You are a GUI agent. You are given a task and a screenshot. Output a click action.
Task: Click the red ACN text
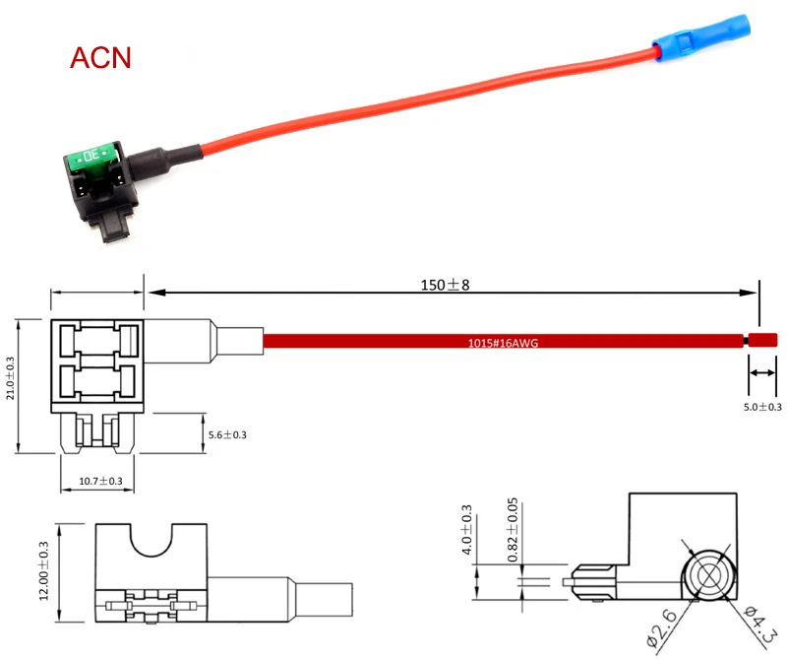coord(100,56)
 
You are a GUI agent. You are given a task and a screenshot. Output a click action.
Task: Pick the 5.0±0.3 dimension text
coord(762,406)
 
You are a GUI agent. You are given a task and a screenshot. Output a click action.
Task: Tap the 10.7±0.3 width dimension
coord(100,481)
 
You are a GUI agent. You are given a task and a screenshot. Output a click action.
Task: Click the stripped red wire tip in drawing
coord(763,341)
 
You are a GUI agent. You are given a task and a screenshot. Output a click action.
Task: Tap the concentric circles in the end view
coord(707,576)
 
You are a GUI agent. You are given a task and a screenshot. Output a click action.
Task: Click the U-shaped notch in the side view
coord(152,540)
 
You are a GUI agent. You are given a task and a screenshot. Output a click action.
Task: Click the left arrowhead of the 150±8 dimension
coord(153,292)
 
